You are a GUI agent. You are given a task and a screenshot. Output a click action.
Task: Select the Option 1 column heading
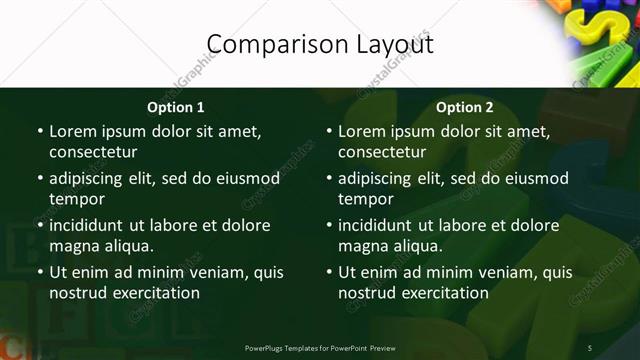176,107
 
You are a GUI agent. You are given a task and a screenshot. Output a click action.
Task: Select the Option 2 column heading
465,107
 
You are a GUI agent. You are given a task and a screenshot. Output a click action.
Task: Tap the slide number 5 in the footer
590,348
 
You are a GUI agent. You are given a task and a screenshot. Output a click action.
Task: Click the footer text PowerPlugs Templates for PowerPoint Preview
320,348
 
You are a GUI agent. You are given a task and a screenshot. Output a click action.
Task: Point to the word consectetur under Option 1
93,152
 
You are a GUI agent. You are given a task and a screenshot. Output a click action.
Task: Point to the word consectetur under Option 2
382,152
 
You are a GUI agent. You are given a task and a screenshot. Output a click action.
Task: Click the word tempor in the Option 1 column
77,199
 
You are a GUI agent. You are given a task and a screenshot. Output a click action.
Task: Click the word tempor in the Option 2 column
366,199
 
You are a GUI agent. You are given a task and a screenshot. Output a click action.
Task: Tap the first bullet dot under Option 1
40,131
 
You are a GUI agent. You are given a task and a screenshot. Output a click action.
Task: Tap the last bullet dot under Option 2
329,272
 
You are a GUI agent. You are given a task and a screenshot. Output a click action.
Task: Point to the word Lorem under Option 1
72,131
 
